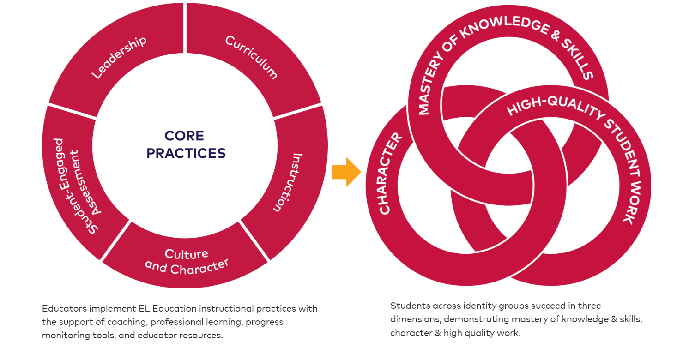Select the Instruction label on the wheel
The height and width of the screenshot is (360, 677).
(x=288, y=182)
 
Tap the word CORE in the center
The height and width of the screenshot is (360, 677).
(x=184, y=136)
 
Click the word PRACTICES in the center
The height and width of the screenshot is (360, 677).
(x=186, y=153)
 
